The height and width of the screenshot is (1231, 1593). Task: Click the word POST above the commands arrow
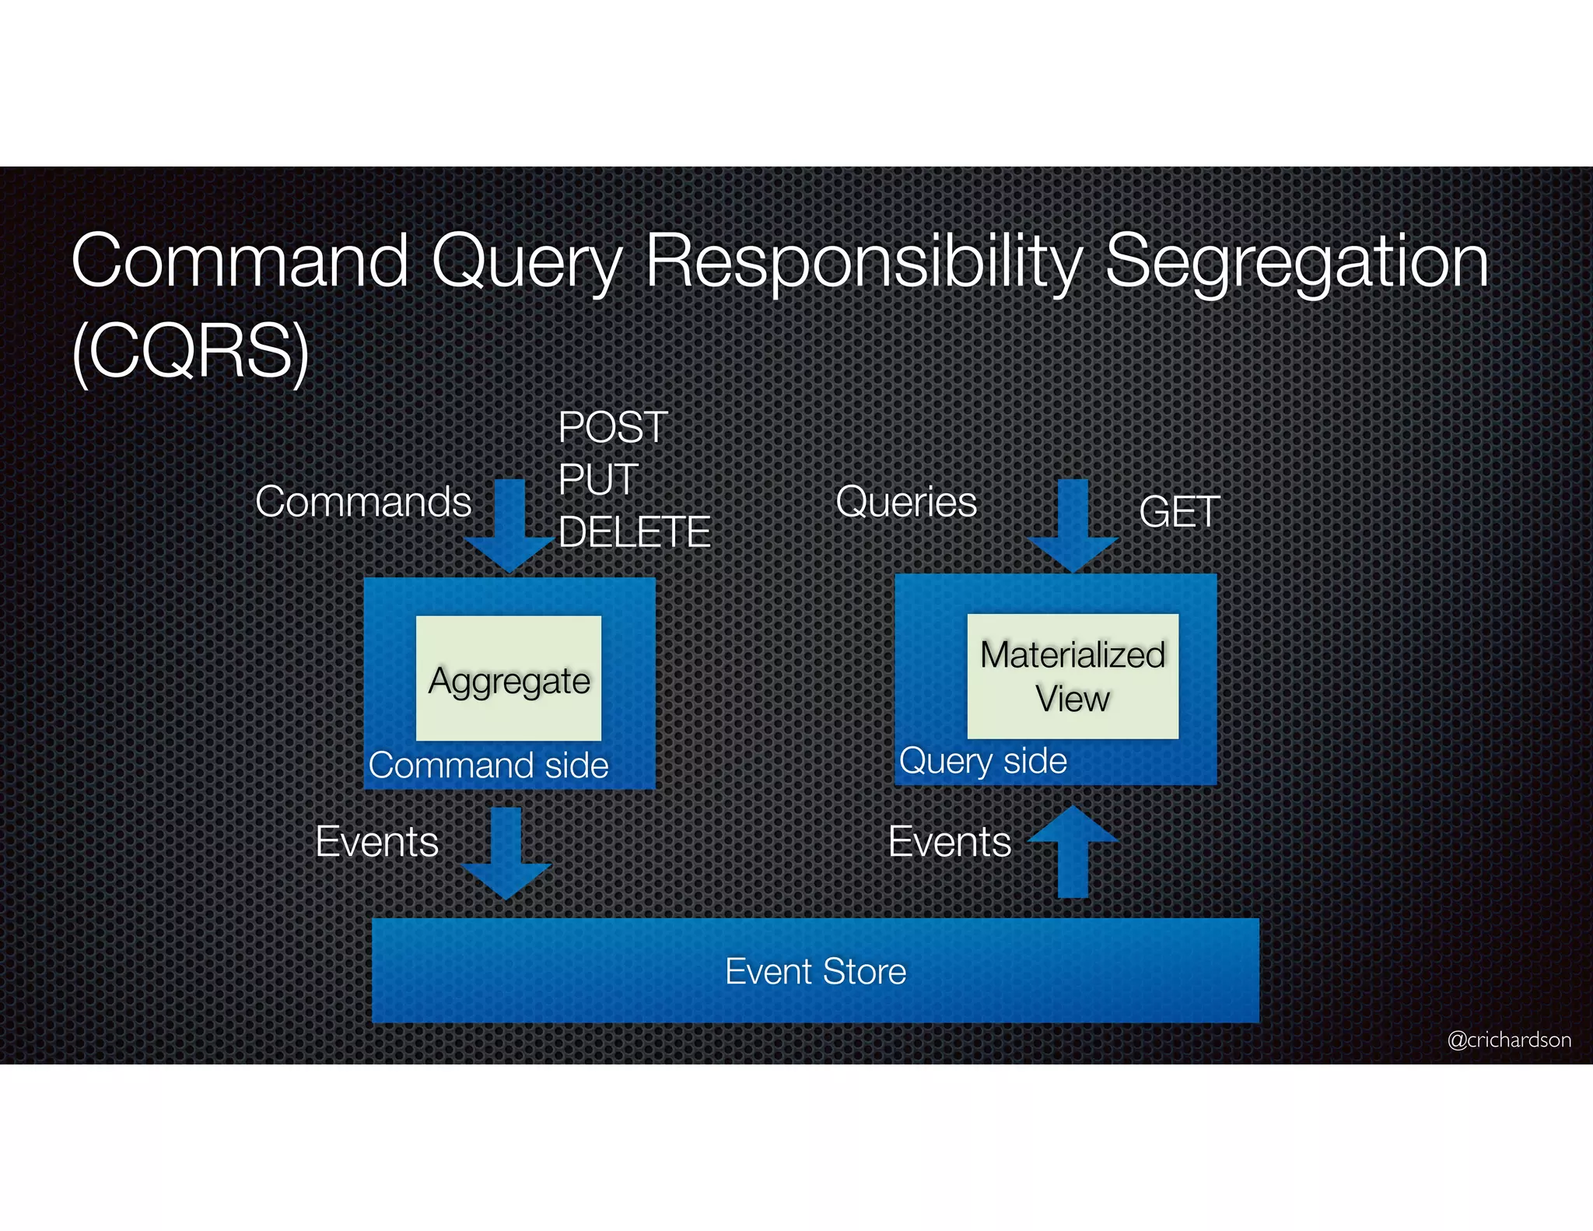click(x=613, y=428)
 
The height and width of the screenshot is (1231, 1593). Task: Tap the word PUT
click(x=598, y=479)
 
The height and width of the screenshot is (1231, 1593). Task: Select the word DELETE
click(x=634, y=532)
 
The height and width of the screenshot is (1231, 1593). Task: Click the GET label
click(x=1179, y=512)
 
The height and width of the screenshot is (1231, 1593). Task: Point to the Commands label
click(x=363, y=502)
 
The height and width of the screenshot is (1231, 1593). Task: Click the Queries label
click(x=906, y=502)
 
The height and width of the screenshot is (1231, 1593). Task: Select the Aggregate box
click(x=509, y=679)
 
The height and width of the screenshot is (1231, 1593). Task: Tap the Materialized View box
click(x=1073, y=676)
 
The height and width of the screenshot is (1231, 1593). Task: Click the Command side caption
click(x=488, y=766)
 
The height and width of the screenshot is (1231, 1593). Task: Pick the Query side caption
click(x=983, y=761)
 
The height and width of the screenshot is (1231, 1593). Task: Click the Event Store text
click(x=815, y=971)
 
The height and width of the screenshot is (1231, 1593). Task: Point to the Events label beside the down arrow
click(x=377, y=842)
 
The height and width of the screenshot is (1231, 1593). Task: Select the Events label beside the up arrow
click(x=950, y=842)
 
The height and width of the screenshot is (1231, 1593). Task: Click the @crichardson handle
click(x=1509, y=1040)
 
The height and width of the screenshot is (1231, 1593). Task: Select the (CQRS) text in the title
click(x=191, y=352)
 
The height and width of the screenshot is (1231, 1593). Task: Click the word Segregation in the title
click(x=1297, y=261)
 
